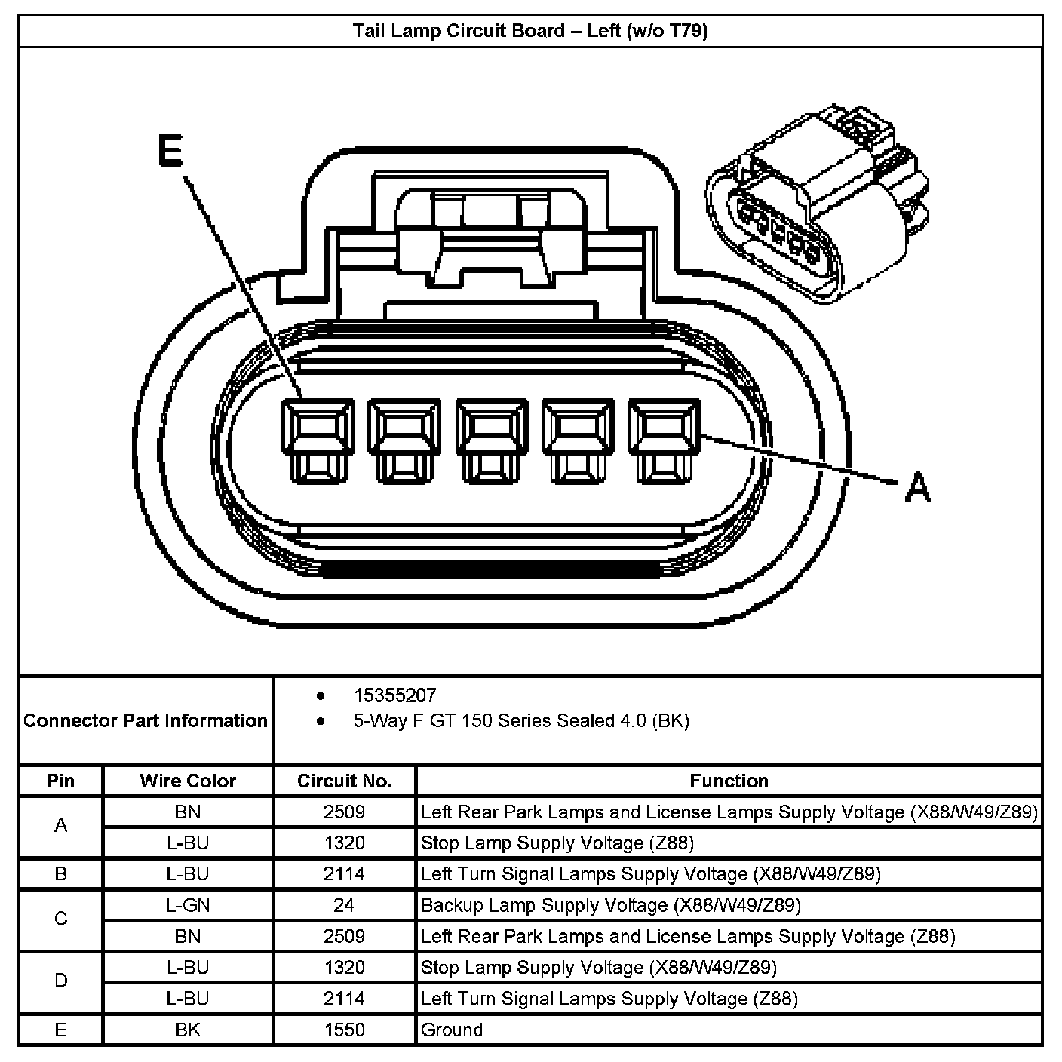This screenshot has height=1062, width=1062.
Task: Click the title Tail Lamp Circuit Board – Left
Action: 530,31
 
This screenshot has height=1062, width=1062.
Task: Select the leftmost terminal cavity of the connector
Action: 318,440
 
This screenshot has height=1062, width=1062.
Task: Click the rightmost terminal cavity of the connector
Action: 665,440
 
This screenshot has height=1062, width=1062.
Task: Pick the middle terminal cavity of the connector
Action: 491,440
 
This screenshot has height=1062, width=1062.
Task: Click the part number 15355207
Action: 394,695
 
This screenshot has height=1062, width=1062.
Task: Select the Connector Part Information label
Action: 146,721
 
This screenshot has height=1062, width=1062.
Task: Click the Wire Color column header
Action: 188,781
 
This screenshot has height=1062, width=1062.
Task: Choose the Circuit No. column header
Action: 345,781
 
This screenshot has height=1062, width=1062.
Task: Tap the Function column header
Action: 729,781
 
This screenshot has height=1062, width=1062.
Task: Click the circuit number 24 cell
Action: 344,905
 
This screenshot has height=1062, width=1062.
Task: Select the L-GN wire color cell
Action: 188,905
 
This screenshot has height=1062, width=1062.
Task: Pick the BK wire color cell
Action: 188,1030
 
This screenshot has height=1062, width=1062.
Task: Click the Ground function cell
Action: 452,1030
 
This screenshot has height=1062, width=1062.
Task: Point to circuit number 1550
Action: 344,1030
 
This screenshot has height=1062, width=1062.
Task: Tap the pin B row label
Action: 61,874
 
